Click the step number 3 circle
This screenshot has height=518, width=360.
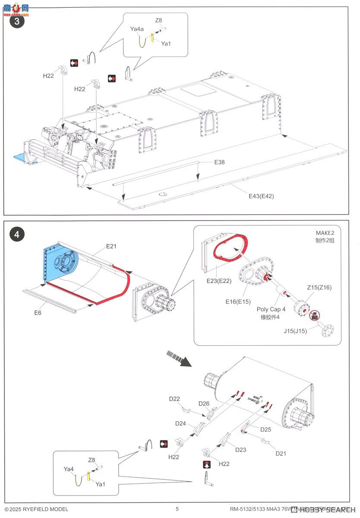click(17, 22)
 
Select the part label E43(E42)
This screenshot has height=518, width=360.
click(261, 196)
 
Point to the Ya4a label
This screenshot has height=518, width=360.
click(137, 29)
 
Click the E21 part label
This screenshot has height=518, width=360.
click(111, 246)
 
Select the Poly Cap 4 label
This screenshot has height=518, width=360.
click(271, 310)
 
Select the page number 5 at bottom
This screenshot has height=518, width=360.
click(177, 509)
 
